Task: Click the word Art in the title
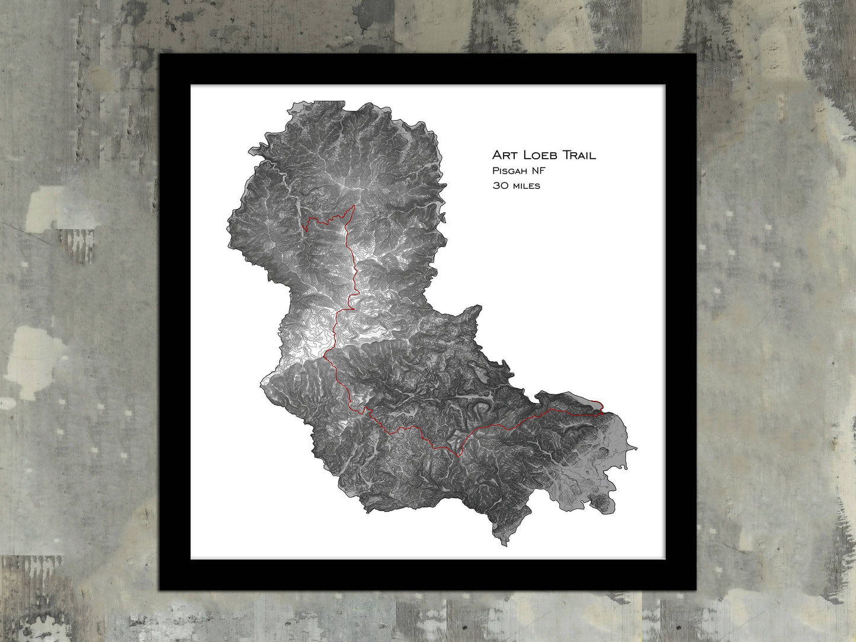click(x=505, y=155)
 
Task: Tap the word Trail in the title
click(x=579, y=155)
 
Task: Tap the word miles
click(x=526, y=185)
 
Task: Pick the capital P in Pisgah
click(x=495, y=171)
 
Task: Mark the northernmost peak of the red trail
click(x=354, y=206)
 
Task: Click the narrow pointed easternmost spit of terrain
click(x=636, y=448)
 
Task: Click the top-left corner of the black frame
click(x=161, y=55)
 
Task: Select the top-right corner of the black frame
click(x=695, y=55)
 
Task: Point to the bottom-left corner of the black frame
click(x=161, y=590)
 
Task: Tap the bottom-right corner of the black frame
click(x=695, y=590)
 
